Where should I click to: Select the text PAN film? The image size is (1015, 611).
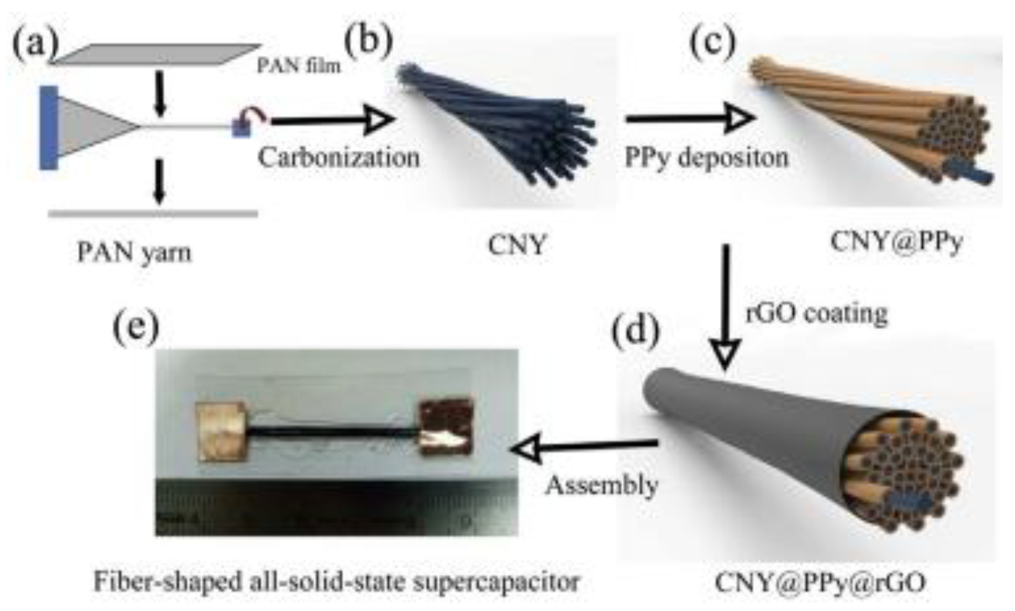pyautogui.click(x=299, y=65)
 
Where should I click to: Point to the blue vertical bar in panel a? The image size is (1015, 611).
pyautogui.click(x=49, y=128)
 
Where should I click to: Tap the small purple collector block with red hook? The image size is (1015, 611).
pyautogui.click(x=243, y=126)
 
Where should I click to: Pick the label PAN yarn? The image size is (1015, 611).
pyautogui.click(x=134, y=252)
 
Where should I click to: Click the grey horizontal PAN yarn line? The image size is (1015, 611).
pyautogui.click(x=153, y=214)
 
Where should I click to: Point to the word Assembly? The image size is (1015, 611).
pyautogui.click(x=601, y=486)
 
